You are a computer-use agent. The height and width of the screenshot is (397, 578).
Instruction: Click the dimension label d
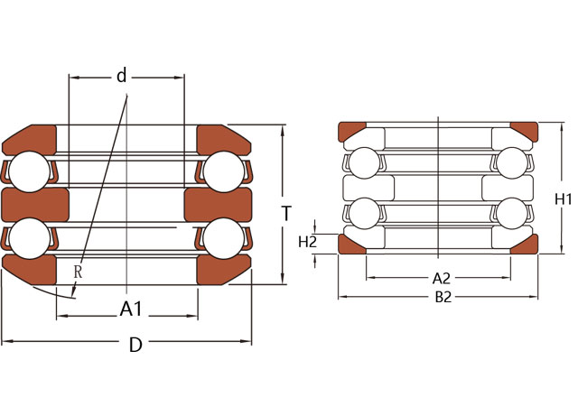(121, 76)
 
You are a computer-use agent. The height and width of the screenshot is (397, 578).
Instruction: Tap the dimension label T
(286, 214)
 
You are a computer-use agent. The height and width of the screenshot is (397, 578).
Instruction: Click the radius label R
(78, 270)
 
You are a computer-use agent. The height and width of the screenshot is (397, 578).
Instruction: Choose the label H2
(307, 241)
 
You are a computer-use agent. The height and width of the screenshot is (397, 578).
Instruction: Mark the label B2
(443, 298)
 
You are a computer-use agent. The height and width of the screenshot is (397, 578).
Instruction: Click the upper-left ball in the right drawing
(364, 162)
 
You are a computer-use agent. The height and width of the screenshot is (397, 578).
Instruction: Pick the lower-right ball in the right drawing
(511, 214)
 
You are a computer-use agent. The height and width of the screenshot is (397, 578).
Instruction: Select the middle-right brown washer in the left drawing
(217, 204)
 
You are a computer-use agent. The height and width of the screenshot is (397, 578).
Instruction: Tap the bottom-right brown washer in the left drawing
(220, 270)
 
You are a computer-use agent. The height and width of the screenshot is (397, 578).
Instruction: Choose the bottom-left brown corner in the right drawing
(351, 244)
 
